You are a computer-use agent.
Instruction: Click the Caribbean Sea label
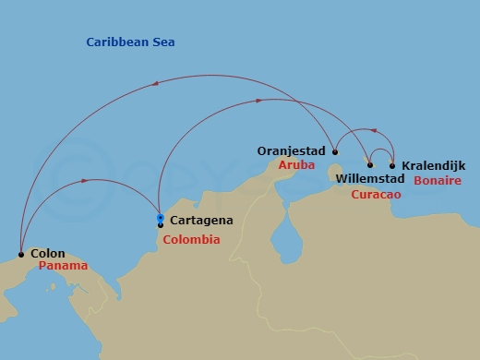pos(130,42)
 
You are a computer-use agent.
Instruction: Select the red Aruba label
pos(297,164)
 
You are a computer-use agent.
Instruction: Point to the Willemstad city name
pos(371,177)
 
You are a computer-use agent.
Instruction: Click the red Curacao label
pos(376,194)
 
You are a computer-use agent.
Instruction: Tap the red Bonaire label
pos(438,181)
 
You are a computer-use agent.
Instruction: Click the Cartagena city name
pos(201,221)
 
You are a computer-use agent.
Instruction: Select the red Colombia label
pos(191,240)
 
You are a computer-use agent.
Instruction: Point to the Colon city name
pos(48,253)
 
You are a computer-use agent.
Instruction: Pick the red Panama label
pos(64,266)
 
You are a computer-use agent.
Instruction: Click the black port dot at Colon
pos(21,254)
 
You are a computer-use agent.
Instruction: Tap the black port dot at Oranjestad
pos(335,152)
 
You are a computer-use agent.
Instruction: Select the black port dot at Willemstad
pos(370,165)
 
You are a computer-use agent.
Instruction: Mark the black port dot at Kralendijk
pos(392,166)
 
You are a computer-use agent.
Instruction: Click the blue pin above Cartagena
pos(161,218)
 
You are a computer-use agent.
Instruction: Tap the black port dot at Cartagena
pos(161,225)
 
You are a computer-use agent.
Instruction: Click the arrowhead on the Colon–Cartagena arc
pos(86,181)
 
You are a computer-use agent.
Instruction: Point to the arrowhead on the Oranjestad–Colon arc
pos(154,84)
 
